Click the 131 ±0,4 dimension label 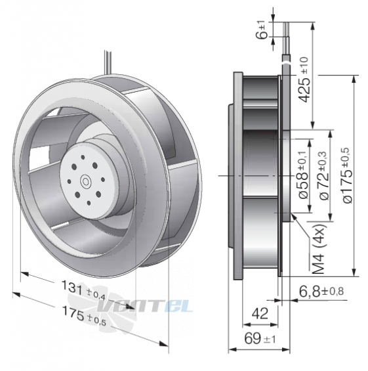tap(83, 290)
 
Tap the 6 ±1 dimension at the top tap(262, 30)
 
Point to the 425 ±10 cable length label tap(304, 79)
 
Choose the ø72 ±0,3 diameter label tap(324, 175)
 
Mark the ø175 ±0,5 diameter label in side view tap(347, 175)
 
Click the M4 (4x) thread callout tap(319, 248)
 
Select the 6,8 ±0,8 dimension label tap(321, 292)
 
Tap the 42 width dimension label tap(260, 314)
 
